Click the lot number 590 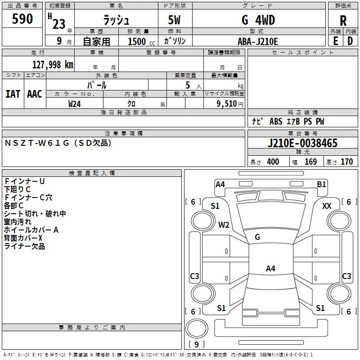(22, 19)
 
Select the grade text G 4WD (258, 20)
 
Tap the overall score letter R (343, 21)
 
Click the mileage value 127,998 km (53, 64)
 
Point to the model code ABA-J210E (258, 41)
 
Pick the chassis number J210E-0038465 (302, 143)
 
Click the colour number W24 (75, 103)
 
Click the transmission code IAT (13, 94)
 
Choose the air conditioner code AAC (35, 94)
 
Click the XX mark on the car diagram (327, 206)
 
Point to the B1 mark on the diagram (321, 184)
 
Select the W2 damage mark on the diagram (224, 225)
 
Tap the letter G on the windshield (257, 237)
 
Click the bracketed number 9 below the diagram (196, 345)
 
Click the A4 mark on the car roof (270, 269)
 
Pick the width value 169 (310, 162)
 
